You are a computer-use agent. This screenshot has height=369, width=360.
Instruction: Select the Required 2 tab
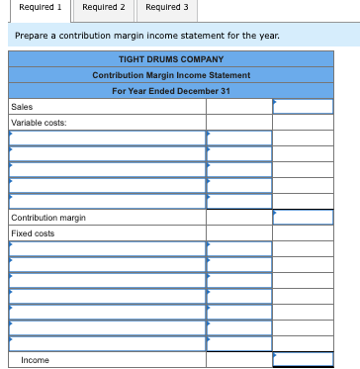(x=104, y=8)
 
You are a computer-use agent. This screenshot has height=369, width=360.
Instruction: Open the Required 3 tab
(x=164, y=8)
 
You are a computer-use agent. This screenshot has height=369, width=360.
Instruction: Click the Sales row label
(x=20, y=107)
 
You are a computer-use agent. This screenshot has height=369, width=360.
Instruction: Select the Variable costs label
(x=38, y=123)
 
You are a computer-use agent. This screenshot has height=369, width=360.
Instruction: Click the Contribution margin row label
(x=47, y=218)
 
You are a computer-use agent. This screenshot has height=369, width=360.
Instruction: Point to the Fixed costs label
(x=33, y=233)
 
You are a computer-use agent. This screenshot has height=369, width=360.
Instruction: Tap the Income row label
(x=35, y=360)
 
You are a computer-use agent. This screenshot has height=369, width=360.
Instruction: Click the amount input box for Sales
(x=303, y=107)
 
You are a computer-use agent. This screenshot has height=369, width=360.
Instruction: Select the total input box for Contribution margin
(x=303, y=218)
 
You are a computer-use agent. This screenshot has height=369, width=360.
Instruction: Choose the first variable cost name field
(x=107, y=138)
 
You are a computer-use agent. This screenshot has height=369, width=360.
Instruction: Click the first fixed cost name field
(x=107, y=249)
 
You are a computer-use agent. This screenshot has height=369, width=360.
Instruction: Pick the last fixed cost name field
(x=107, y=343)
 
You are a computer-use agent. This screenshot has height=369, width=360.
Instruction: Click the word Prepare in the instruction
(x=31, y=36)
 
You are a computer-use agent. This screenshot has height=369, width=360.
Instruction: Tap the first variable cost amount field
(x=238, y=138)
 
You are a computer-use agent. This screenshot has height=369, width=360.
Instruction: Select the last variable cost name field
(x=107, y=201)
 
